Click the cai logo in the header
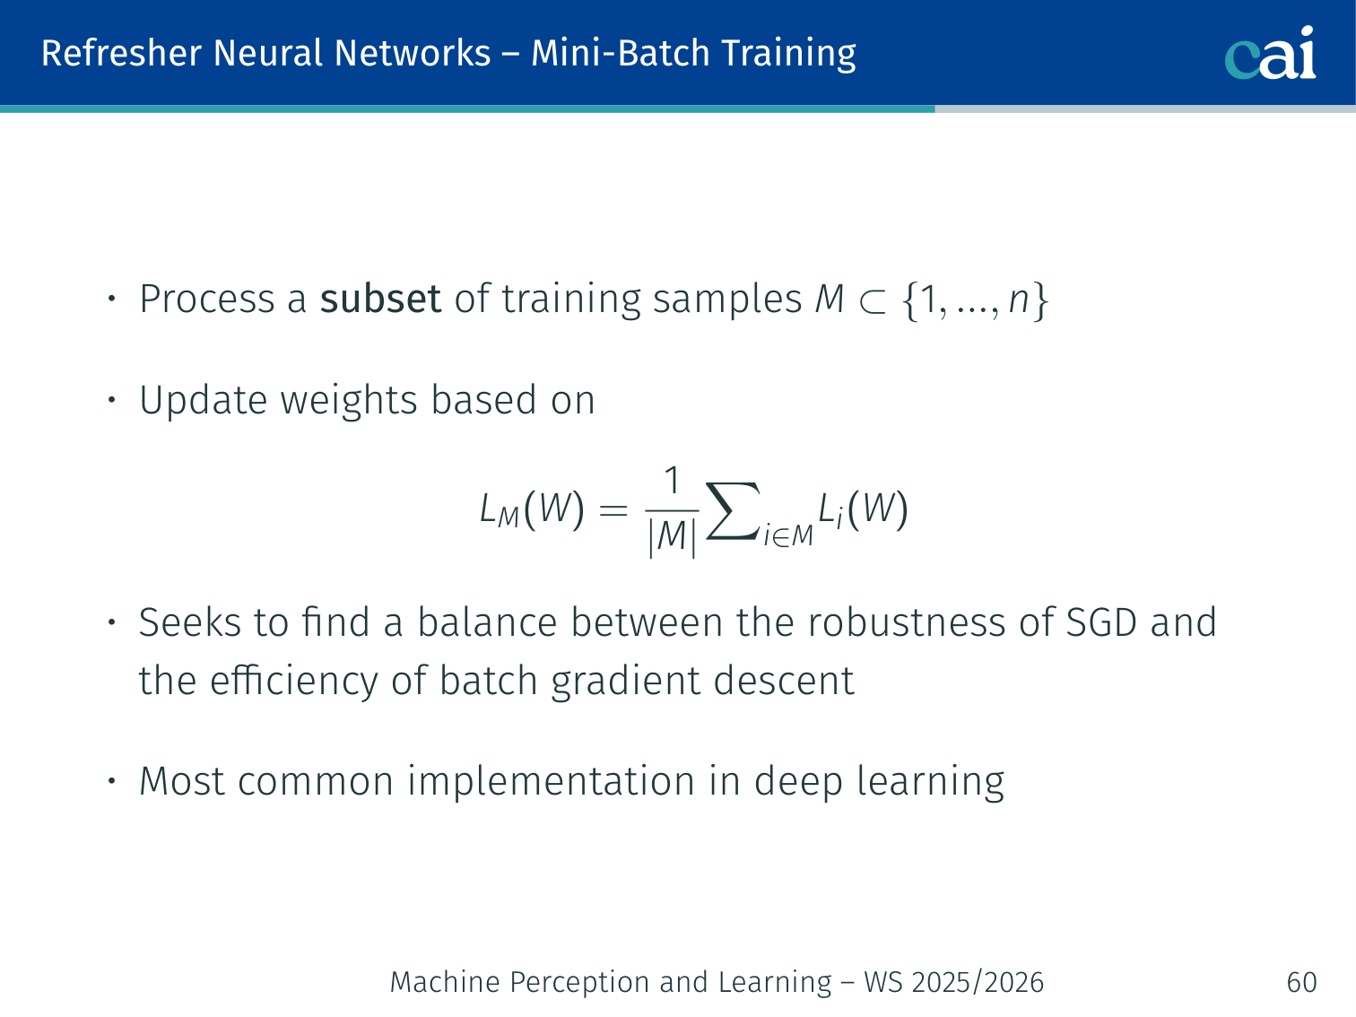[x=1270, y=53]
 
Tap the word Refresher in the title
[x=121, y=53]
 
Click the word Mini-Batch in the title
[x=620, y=53]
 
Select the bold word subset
[x=380, y=299]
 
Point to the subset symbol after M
[x=873, y=302]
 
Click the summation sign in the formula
[x=733, y=510]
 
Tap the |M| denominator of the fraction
[x=672, y=536]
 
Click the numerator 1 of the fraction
[x=672, y=480]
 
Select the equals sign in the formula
[x=613, y=510]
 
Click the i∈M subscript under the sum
[x=788, y=535]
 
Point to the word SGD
[x=1101, y=621]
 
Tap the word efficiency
[x=293, y=681]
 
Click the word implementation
[x=551, y=782]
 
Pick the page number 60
[x=1301, y=982]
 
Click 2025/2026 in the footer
[x=978, y=982]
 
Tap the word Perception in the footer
[x=579, y=982]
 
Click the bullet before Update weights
[x=111, y=400]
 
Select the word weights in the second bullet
[x=349, y=401]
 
